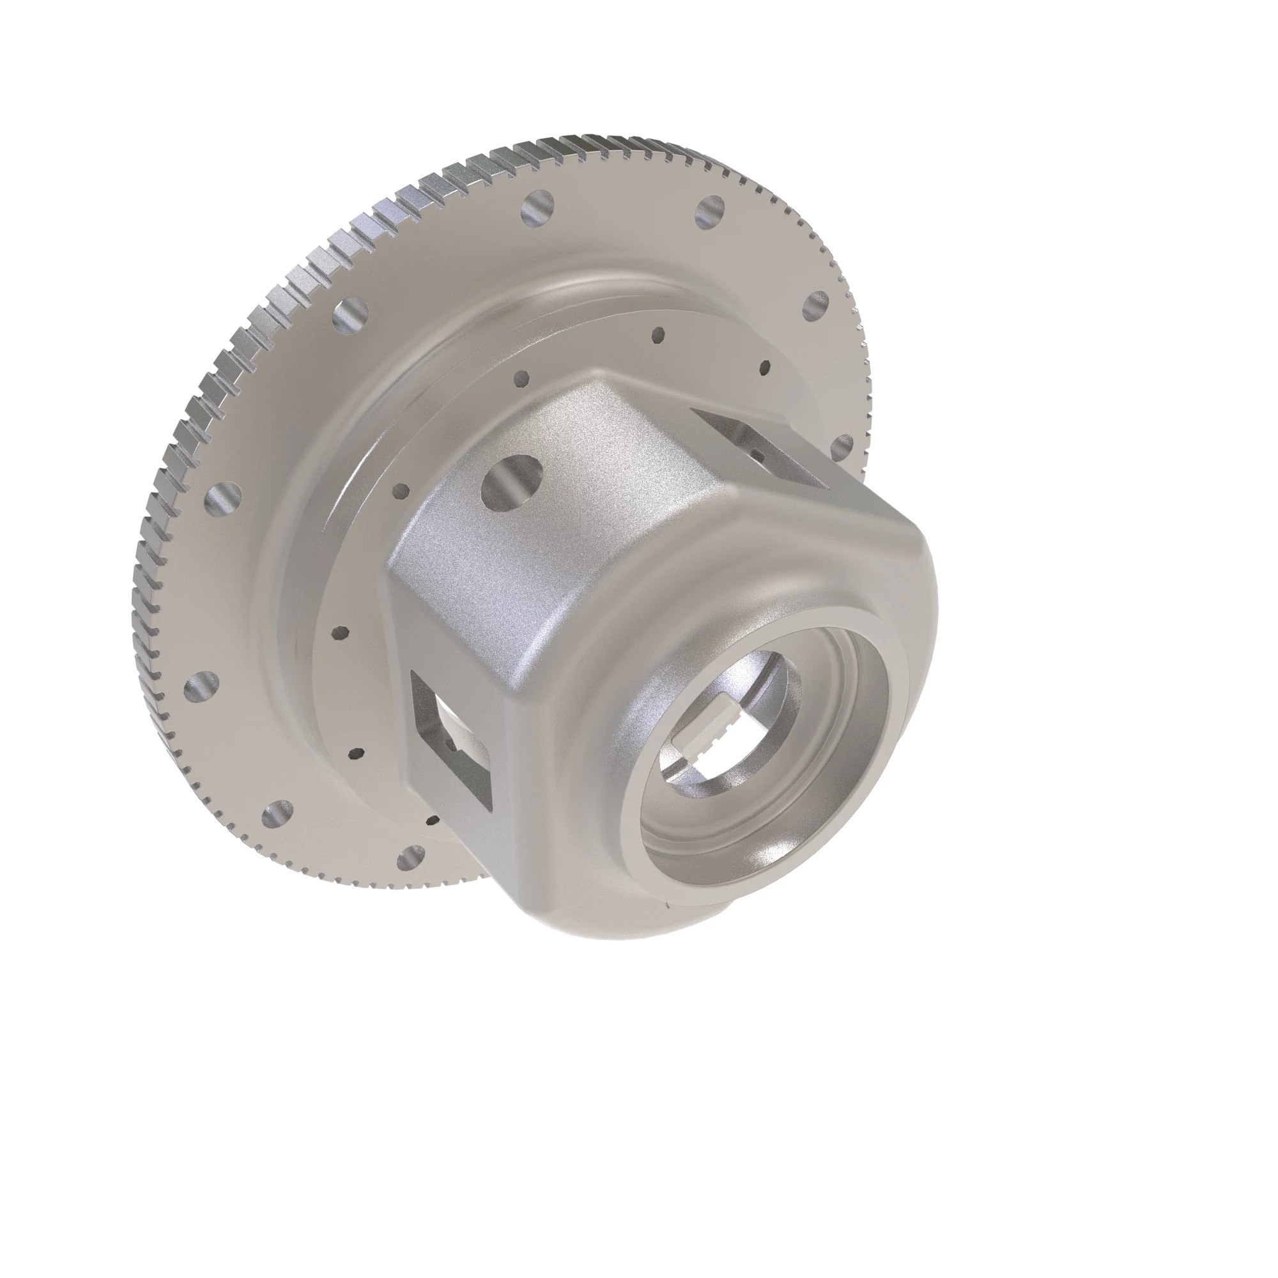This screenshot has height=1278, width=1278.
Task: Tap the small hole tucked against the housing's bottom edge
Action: tap(433, 821)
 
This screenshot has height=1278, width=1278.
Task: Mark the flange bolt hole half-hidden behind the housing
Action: tap(842, 447)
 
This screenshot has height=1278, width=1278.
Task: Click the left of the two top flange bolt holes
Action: tap(537, 208)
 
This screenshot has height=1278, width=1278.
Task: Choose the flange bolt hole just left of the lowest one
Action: tap(278, 815)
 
